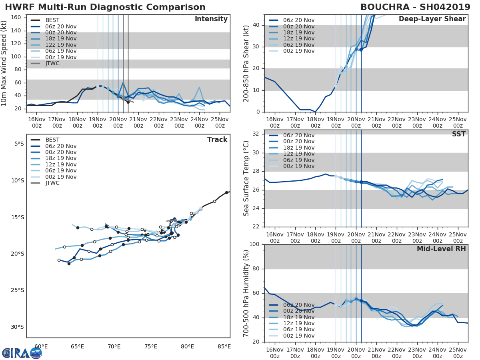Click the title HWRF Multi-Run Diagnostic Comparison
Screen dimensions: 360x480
click(x=105, y=7)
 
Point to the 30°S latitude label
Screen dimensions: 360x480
click(x=17, y=327)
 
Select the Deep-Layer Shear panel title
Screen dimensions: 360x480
click(x=432, y=19)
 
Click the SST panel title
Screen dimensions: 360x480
click(x=459, y=134)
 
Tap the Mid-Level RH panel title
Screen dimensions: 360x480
click(x=441, y=249)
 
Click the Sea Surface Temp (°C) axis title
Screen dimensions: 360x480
click(x=247, y=178)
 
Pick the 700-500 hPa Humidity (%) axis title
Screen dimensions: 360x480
click(x=247, y=293)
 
